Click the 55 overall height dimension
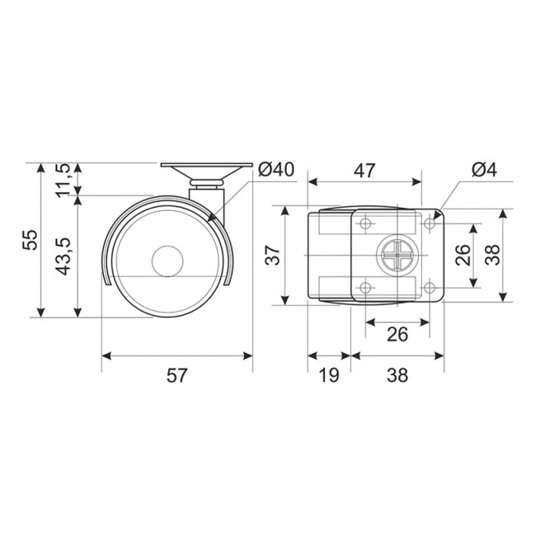click(x=30, y=239)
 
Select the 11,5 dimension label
click(x=63, y=181)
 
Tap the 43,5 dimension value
click(x=63, y=256)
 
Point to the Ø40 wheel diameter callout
click(x=276, y=170)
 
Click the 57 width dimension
click(x=177, y=375)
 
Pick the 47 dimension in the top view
click(x=364, y=171)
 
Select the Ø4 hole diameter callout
click(x=484, y=170)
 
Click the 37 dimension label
click(x=273, y=255)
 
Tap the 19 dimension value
click(x=329, y=375)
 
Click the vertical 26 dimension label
click(x=463, y=256)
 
